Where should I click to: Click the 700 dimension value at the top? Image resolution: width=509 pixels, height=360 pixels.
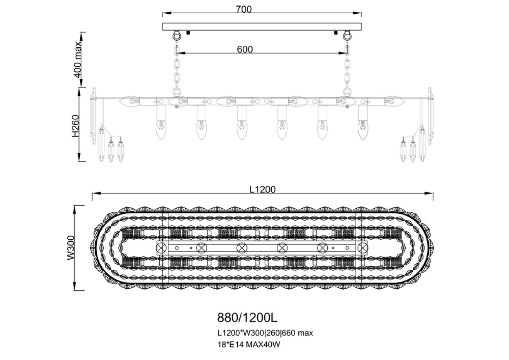(244, 9)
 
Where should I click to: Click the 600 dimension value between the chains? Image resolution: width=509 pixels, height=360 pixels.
(245, 49)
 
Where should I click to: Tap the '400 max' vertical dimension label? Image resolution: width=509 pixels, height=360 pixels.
(78, 60)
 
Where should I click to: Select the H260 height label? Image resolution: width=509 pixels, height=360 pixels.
(76, 126)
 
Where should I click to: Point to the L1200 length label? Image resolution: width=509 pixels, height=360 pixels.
(262, 189)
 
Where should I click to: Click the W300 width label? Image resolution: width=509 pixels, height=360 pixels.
(71, 248)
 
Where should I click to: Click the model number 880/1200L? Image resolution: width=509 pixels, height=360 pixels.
(247, 318)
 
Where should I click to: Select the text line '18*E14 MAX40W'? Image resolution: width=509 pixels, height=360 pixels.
(249, 344)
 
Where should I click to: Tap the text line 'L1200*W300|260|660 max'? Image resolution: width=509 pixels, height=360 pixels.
(265, 333)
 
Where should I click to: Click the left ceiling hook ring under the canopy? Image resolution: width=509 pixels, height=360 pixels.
(177, 36)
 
